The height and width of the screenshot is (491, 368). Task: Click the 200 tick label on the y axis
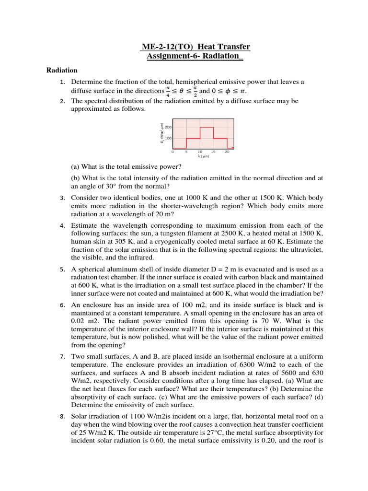click(168, 127)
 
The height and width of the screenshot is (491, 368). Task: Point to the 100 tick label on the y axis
click(168, 138)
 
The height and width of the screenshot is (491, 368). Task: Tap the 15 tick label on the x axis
click(213, 152)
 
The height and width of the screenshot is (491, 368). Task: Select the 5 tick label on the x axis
click(186, 152)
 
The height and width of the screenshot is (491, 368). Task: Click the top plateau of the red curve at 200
click(207, 128)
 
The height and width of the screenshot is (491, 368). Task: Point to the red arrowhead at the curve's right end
click(232, 148)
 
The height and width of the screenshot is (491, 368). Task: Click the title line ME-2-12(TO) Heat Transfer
click(195, 47)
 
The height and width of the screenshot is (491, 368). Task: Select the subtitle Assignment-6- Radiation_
click(195, 57)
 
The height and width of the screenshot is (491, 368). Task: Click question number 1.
click(62, 82)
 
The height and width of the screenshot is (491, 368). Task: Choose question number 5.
click(62, 269)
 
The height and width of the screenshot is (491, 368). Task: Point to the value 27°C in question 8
click(211, 433)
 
